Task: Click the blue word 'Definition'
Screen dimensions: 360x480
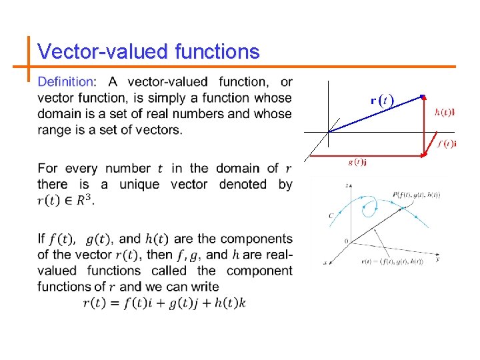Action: [66, 82]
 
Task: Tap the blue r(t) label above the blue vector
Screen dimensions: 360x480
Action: [382, 101]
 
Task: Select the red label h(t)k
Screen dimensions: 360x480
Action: [444, 112]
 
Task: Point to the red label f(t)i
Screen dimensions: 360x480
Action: [447, 143]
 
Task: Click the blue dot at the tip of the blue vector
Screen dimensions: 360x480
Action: [423, 97]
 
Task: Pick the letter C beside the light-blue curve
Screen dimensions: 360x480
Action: [331, 215]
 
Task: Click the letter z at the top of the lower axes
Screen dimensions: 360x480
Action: [347, 184]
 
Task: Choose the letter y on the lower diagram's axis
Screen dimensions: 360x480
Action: [437, 257]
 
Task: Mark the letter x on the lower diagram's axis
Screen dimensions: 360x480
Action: [325, 263]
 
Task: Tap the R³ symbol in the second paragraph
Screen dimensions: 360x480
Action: [85, 200]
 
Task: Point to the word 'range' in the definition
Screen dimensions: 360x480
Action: [55, 130]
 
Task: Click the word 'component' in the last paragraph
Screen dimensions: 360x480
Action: [259, 271]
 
